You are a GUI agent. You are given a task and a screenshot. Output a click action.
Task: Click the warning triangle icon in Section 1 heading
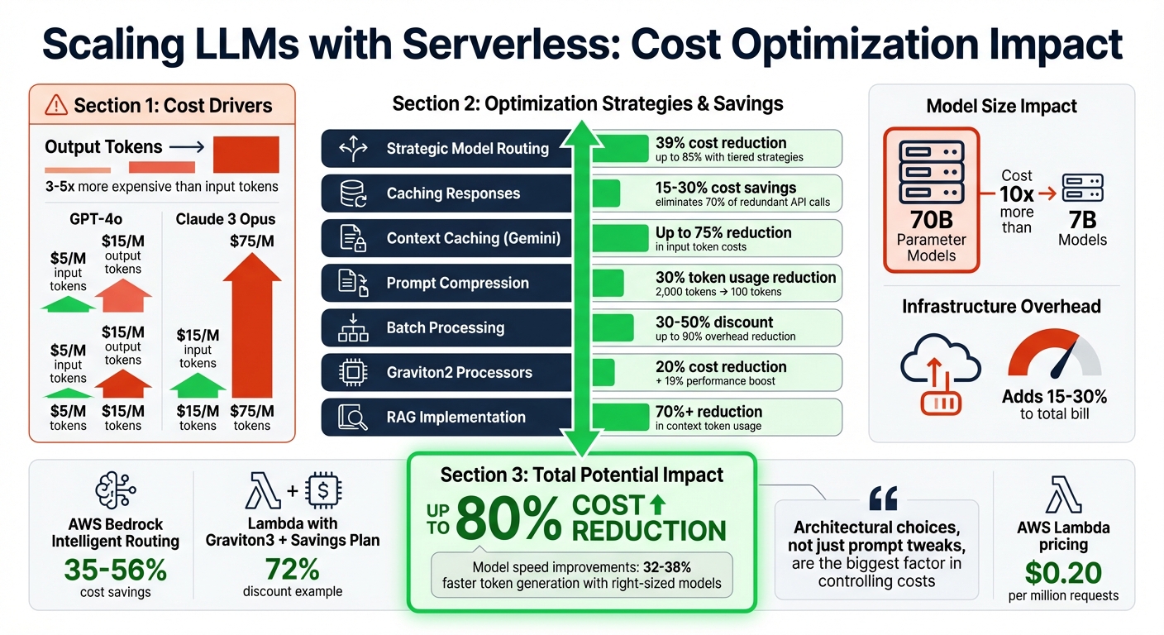(x=56, y=105)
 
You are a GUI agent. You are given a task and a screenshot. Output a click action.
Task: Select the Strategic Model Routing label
(x=467, y=149)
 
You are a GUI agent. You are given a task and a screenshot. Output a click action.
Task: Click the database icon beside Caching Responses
(x=353, y=193)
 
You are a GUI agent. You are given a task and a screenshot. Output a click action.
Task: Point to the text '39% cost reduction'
(x=720, y=142)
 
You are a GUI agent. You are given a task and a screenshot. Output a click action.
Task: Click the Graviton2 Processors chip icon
(x=353, y=372)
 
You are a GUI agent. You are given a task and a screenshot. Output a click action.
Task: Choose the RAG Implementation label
(x=456, y=417)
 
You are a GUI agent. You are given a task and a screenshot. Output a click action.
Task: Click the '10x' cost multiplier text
(x=1016, y=195)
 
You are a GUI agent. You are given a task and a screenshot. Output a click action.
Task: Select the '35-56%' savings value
(x=116, y=570)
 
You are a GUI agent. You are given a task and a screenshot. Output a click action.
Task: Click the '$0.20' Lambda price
(x=1063, y=572)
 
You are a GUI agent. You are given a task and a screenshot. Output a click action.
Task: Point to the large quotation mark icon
(x=883, y=499)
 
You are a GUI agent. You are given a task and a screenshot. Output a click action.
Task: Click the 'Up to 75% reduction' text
(x=723, y=232)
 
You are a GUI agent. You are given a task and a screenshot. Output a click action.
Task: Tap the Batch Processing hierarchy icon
(x=353, y=327)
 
